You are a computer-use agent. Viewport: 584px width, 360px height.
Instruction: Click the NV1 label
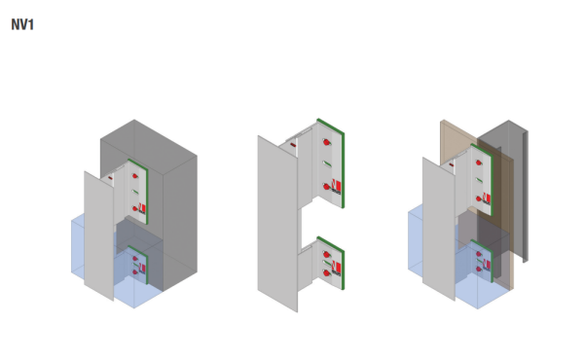[23, 24]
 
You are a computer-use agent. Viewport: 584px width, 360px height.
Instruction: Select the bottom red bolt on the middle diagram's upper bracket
[326, 186]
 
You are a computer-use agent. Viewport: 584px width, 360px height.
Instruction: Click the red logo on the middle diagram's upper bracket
[336, 184]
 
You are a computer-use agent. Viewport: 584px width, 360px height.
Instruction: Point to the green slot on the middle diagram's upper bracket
[327, 164]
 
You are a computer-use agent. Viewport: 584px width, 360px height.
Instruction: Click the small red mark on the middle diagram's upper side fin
[293, 144]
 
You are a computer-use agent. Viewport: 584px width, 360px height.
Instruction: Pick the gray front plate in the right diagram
[438, 234]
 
